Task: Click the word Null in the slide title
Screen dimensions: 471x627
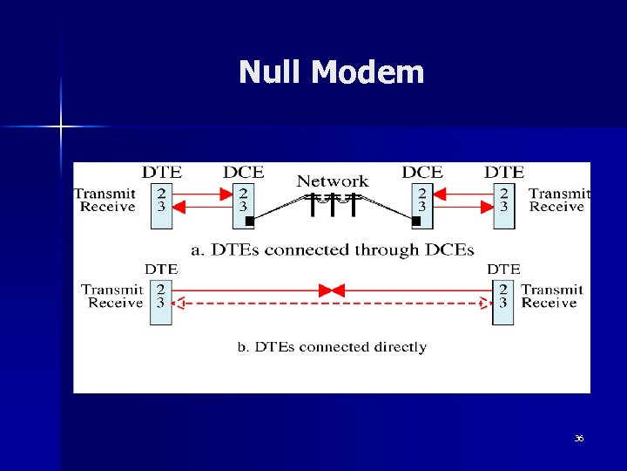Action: click(270, 72)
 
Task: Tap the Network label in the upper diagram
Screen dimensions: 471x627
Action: click(333, 181)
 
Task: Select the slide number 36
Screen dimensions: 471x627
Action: click(578, 438)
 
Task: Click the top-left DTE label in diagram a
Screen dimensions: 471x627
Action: click(162, 172)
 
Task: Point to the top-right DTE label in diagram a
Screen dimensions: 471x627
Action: click(504, 172)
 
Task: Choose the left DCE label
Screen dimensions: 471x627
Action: click(243, 172)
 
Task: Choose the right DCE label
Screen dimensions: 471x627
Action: click(422, 172)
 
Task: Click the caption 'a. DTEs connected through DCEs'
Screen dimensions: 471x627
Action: click(333, 250)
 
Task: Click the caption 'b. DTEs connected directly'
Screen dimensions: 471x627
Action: click(333, 347)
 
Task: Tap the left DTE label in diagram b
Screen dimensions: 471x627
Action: click(161, 270)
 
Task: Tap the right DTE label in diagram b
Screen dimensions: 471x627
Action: click(503, 270)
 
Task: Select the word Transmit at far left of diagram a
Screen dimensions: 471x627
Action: click(104, 194)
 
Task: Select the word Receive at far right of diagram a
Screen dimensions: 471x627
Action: click(556, 207)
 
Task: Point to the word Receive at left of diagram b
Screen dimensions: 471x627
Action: click(115, 303)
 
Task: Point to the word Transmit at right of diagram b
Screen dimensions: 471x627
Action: click(552, 290)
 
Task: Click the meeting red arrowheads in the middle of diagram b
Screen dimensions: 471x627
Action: click(333, 290)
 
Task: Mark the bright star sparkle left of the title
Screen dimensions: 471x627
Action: click(61, 127)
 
